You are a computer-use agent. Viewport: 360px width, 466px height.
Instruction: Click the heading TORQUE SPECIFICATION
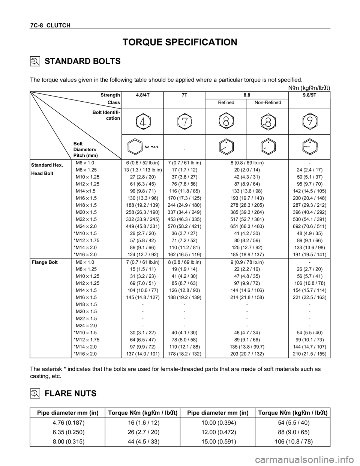pyautogui.click(x=180, y=42)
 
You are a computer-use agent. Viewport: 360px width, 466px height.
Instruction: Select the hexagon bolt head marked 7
pyautogui.click(x=184, y=122)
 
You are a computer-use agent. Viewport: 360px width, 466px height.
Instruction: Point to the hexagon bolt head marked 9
pyautogui.click(x=309, y=122)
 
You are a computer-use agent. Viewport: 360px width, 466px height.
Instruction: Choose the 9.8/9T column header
pyautogui.click(x=309, y=95)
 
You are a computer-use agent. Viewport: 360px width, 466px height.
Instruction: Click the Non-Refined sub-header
pyautogui.click(x=268, y=102)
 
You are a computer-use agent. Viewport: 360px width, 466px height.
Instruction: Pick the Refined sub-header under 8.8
pyautogui.click(x=226, y=102)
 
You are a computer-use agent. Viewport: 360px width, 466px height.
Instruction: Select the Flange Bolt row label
pyautogui.click(x=45, y=262)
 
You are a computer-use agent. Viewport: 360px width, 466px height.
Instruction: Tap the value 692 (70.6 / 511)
pyautogui.click(x=309, y=226)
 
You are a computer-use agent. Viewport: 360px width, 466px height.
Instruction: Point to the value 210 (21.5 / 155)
pyautogui.click(x=309, y=354)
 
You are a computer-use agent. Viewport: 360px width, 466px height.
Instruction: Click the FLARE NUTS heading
pyautogui.click(x=70, y=394)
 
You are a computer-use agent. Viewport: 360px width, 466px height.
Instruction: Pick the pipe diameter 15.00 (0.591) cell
pyautogui.click(x=219, y=442)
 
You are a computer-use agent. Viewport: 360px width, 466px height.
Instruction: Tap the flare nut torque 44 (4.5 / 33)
pyautogui.click(x=143, y=442)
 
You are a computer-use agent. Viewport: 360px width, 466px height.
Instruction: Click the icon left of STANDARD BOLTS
pyautogui.click(x=34, y=61)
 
